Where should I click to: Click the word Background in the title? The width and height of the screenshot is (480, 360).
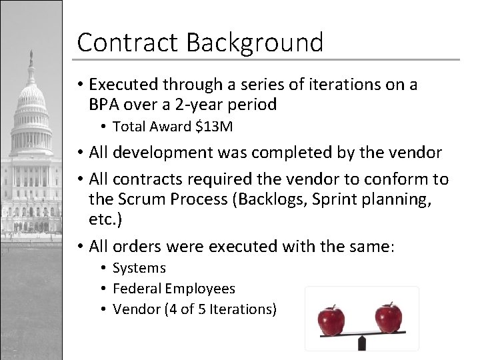click(255, 43)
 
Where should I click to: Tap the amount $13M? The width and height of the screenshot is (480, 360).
click(215, 127)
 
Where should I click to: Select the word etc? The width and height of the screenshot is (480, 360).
click(103, 219)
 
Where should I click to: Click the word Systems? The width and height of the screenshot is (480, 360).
click(139, 268)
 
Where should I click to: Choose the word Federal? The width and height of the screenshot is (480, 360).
click(137, 289)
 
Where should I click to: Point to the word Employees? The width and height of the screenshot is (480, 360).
click(200, 289)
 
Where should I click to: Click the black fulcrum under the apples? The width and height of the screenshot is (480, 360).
click(362, 343)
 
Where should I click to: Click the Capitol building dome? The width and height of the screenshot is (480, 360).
click(31, 100)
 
